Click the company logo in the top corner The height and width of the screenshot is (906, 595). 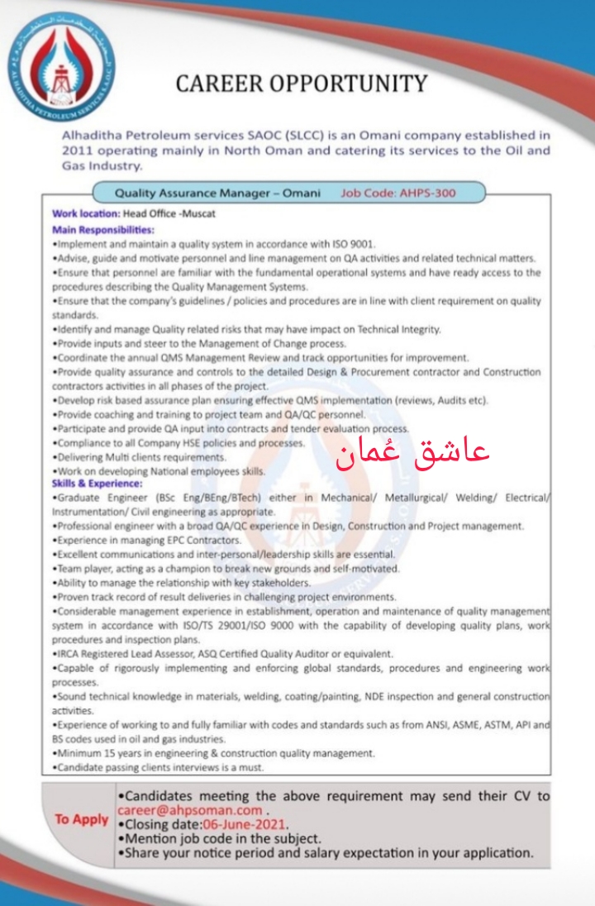(61, 66)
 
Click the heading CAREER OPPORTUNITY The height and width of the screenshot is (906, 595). (302, 83)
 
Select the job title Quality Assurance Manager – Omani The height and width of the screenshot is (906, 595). (217, 193)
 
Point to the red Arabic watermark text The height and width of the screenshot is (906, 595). (412, 452)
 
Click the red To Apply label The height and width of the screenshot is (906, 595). (82, 819)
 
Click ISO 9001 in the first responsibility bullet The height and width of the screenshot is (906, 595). (357, 244)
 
